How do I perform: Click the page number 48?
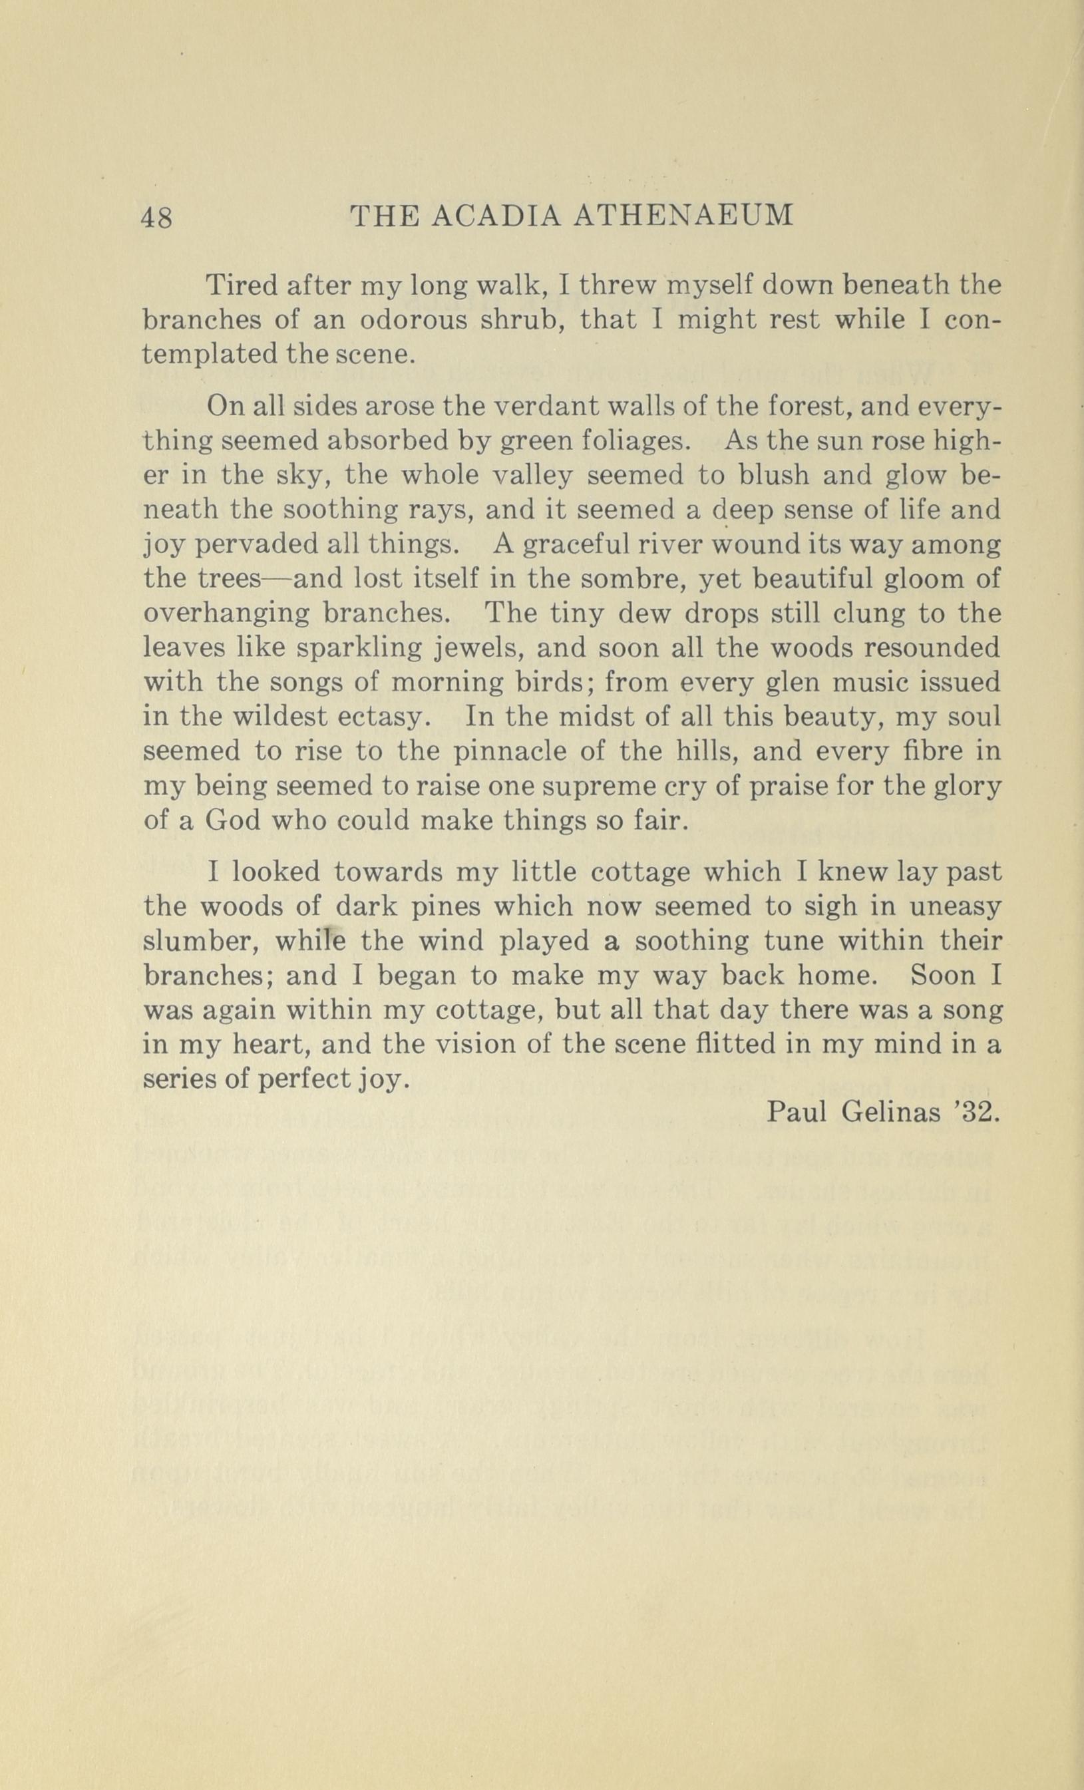pyautogui.click(x=158, y=217)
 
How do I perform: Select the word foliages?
pyautogui.click(x=626, y=441)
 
